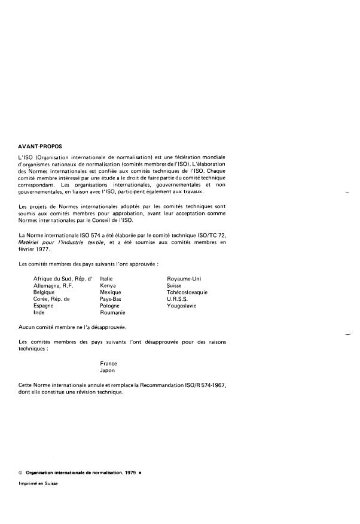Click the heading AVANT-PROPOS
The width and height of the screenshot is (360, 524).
[x=44, y=145]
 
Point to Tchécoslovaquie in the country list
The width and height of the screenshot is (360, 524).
[x=187, y=293]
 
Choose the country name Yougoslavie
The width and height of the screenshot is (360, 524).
[x=182, y=306]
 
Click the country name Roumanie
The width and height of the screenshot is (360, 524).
[x=112, y=312]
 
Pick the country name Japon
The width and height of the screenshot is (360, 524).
[x=107, y=370]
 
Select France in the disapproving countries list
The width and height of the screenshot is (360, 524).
[x=108, y=363]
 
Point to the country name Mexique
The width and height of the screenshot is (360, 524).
[x=111, y=293]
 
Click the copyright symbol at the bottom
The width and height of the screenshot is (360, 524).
[x=21, y=473]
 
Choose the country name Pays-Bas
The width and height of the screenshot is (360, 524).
[x=111, y=299]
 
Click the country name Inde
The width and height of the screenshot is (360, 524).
[x=40, y=312]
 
